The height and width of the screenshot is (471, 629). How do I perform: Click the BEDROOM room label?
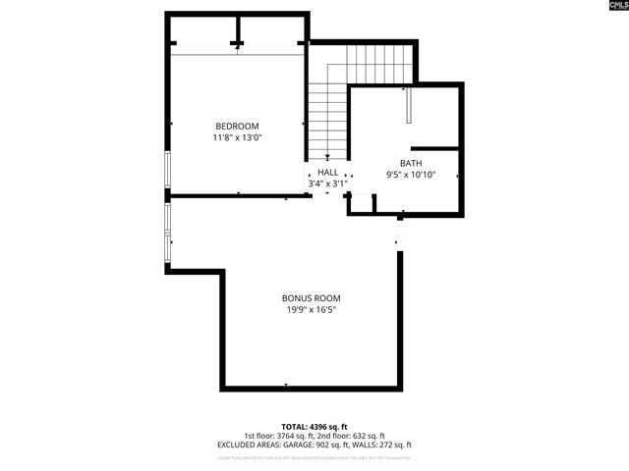(237, 126)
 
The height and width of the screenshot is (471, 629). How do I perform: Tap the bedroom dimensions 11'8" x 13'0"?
(237, 138)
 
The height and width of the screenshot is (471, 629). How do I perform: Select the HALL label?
(327, 172)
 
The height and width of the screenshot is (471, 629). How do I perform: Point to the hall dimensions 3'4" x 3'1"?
(327, 183)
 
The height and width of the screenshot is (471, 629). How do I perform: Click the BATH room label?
(410, 163)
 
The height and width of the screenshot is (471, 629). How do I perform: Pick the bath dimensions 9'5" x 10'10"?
(410, 175)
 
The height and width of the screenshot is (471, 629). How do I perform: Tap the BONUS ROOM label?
(311, 298)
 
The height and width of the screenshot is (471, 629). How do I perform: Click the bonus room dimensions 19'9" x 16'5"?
(311, 310)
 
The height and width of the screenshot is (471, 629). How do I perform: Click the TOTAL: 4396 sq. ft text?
(314, 427)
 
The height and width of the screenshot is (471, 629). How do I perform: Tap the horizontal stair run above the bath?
(378, 64)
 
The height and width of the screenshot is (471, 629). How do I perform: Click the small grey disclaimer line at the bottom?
(314, 457)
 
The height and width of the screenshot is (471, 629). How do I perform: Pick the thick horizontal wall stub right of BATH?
(442, 148)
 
